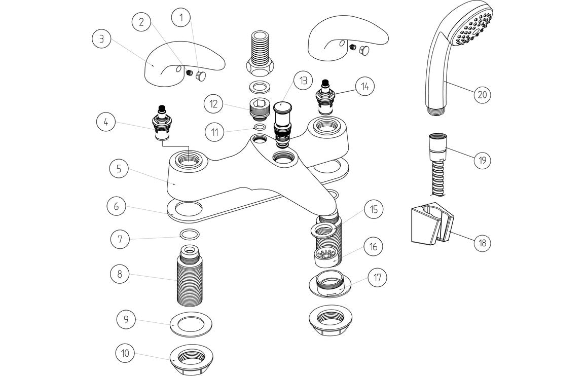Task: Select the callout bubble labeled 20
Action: [x=483, y=94]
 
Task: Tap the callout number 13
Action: [x=303, y=81]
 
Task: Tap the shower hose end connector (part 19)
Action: [x=436, y=146]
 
